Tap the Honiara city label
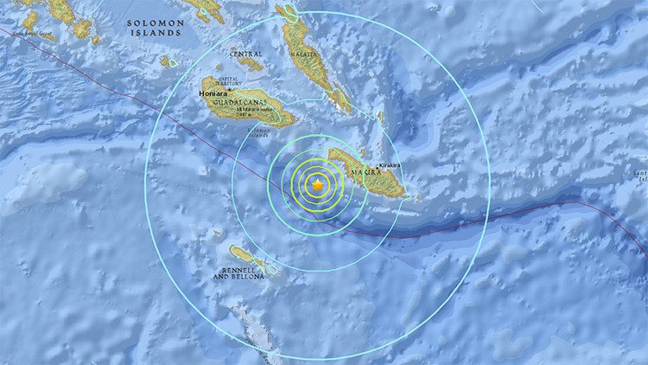216,96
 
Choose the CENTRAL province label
246,54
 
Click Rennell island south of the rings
241,253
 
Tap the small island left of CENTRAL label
166,61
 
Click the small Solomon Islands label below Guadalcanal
258,131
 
